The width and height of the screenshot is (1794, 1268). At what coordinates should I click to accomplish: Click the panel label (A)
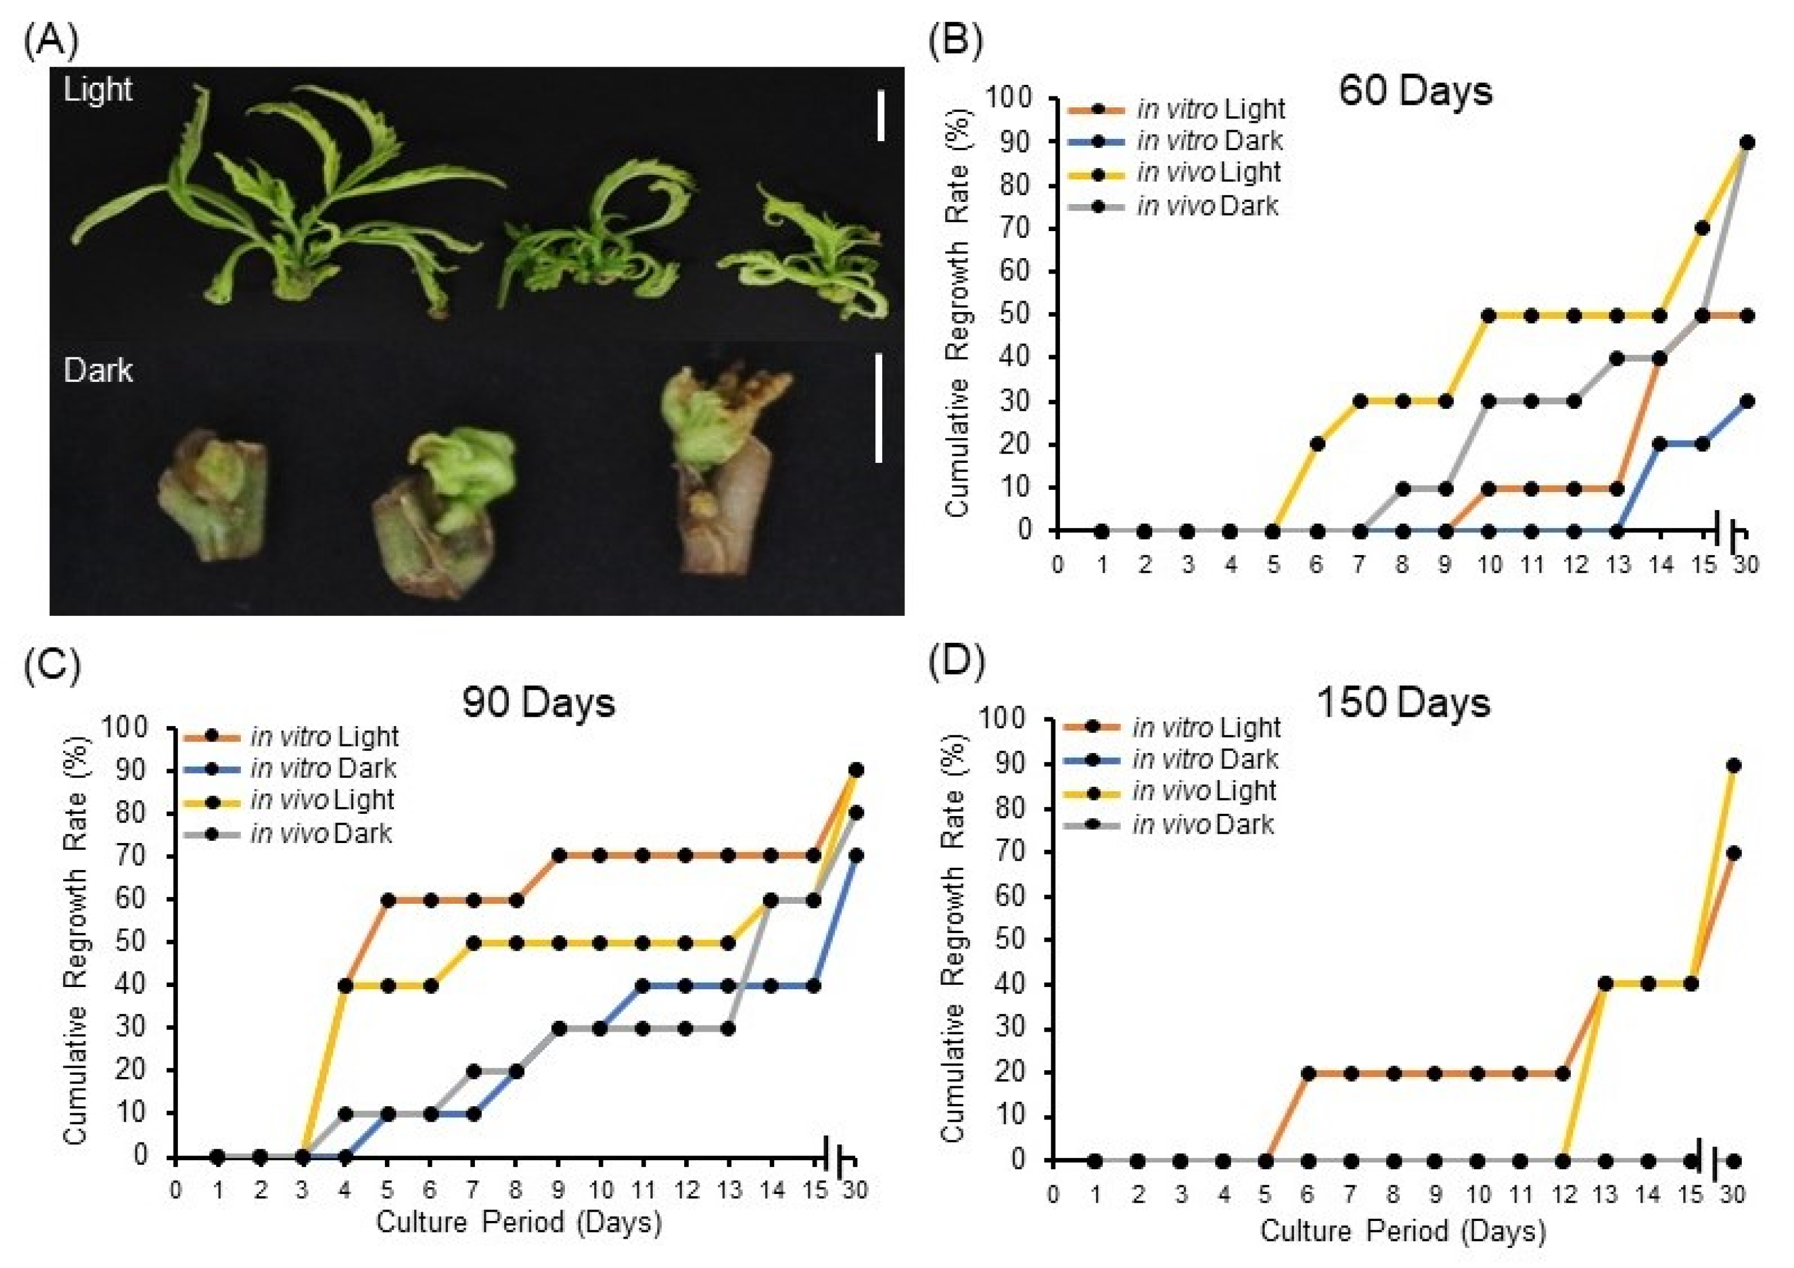click(52, 41)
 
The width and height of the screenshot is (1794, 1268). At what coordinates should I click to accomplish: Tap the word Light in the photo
click(97, 91)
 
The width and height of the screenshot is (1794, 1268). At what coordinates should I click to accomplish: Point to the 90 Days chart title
click(539, 703)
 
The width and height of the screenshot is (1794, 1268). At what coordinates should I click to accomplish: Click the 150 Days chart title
click(1404, 703)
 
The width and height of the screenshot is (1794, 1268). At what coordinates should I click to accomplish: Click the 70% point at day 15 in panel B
click(1703, 228)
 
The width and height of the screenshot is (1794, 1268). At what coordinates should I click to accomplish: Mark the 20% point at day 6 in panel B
click(1317, 444)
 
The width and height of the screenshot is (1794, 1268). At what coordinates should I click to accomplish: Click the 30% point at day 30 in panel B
click(1747, 401)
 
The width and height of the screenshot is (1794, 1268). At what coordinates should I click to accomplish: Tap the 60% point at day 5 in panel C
click(388, 900)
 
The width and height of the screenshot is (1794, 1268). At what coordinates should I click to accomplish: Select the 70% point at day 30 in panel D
click(1733, 853)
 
